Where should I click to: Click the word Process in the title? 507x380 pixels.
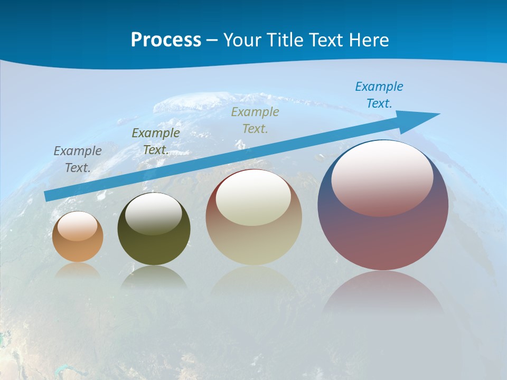166,40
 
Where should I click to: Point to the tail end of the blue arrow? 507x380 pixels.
48,196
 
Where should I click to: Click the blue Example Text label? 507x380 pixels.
379,95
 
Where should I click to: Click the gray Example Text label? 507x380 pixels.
78,159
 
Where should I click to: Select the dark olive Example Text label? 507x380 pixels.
156,141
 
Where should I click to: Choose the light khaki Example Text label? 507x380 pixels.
255,120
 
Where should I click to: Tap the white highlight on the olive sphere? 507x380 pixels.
153,214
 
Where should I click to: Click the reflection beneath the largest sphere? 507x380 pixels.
383,296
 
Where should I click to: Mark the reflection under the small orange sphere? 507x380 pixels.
78,270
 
